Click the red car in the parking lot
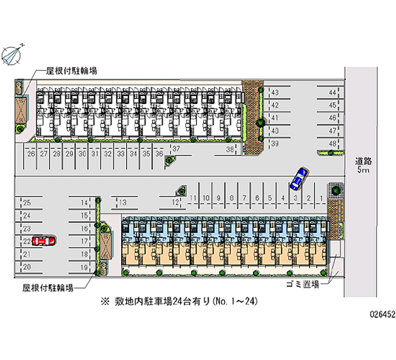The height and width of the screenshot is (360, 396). click(43, 241)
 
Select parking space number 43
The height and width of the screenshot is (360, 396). click(275, 93)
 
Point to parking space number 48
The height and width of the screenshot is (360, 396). click(333, 144)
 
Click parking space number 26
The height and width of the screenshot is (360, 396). click(31, 154)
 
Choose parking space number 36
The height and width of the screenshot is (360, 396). click(159, 154)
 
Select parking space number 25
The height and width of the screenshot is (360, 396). click(27, 202)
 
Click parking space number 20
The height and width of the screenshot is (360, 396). click(27, 267)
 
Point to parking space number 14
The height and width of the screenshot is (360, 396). click(85, 202)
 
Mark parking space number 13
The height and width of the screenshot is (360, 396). click(123, 202)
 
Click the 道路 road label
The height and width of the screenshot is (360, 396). click(363, 161)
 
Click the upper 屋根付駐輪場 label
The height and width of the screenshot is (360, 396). click(71, 71)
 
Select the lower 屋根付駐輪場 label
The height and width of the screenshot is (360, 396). click(48, 288)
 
